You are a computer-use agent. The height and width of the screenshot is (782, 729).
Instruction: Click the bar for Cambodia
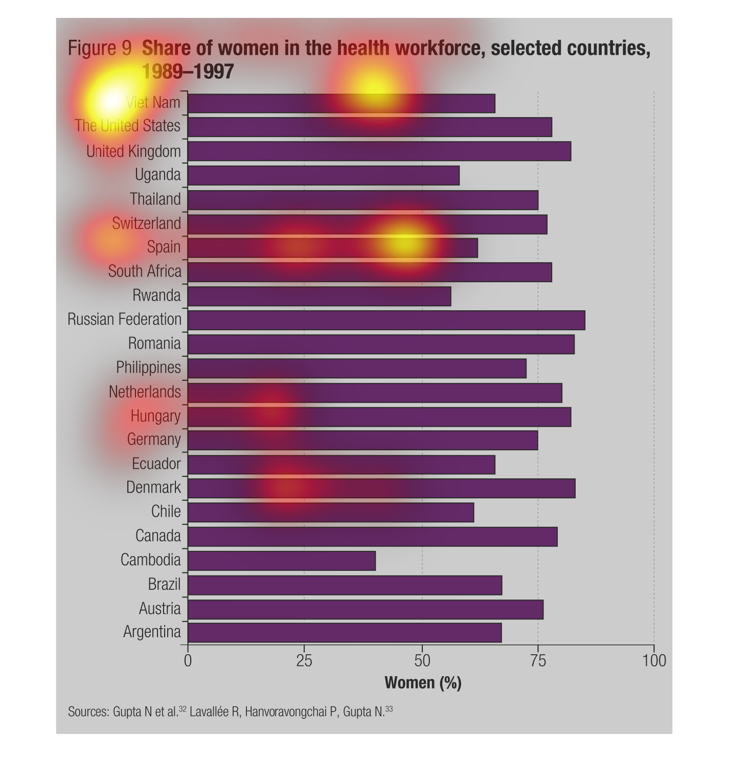282,561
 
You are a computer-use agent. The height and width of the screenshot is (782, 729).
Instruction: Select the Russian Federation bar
386,320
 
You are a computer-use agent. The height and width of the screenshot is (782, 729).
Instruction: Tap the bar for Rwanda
320,296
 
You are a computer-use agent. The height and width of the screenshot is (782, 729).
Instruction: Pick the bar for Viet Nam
341,103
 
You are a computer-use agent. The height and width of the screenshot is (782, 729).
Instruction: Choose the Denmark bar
381,488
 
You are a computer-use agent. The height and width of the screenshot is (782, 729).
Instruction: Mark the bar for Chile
331,512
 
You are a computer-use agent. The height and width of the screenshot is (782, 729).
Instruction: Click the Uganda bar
324,175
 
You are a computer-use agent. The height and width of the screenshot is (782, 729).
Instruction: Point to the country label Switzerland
146,223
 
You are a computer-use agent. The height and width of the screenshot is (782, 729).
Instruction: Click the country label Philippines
148,367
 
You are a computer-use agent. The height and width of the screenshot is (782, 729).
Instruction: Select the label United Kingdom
133,151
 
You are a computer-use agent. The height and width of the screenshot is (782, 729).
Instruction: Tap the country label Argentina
152,632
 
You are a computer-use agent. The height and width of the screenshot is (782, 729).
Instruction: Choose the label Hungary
155,416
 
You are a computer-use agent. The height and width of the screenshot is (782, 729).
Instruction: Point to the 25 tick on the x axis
304,661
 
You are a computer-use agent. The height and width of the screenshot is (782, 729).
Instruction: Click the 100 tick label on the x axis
654,661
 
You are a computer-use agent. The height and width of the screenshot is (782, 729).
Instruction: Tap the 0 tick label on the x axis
188,661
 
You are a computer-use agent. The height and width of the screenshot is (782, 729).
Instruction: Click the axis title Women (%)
423,683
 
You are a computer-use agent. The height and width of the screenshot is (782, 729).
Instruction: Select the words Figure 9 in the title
100,49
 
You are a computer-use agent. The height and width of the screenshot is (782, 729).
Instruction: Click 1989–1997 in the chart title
188,72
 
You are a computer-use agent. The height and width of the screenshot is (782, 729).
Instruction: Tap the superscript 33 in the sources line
389,709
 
